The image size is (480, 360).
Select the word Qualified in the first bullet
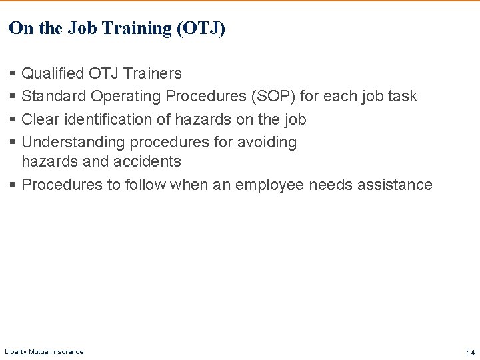(53, 73)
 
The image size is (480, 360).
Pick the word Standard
(54, 97)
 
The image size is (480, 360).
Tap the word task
(402, 97)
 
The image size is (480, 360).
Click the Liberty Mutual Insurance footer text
(44, 352)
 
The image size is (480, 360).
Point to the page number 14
(471, 352)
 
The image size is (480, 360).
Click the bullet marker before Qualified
(13, 73)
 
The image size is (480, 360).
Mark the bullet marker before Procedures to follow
(13, 185)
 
